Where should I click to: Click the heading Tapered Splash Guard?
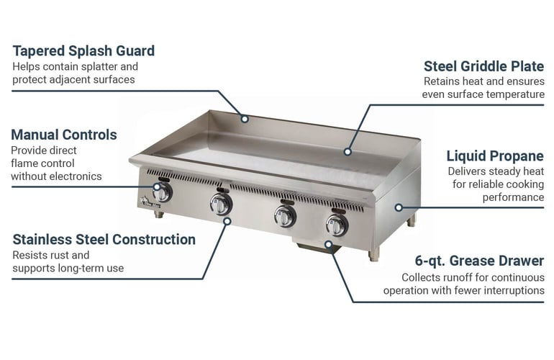tap(83, 51)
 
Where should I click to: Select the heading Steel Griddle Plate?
tap(483, 66)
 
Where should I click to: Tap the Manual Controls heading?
tap(64, 135)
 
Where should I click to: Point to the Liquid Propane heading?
tap(495, 156)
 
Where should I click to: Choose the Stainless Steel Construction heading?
tap(104, 239)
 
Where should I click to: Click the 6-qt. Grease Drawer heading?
tap(479, 261)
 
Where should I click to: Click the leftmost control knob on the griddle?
tap(163, 192)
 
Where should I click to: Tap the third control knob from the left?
tap(285, 215)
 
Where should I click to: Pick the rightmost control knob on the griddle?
tap(337, 225)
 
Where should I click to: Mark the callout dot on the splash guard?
tap(245, 118)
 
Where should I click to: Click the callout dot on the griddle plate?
tap(348, 152)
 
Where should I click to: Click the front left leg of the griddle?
tap(163, 215)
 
